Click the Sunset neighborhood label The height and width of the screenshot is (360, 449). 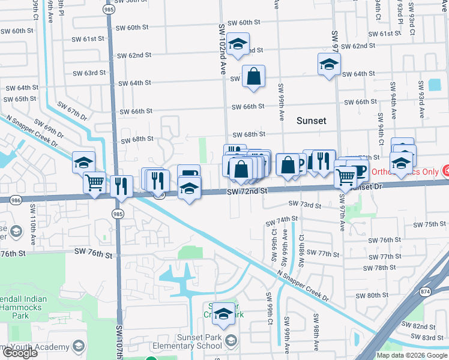click(312, 121)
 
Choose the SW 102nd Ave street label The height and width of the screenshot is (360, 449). click(221, 48)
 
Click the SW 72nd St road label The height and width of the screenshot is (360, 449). click(246, 191)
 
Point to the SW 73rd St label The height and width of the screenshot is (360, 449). click(306, 205)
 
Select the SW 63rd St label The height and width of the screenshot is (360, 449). click(89, 73)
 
